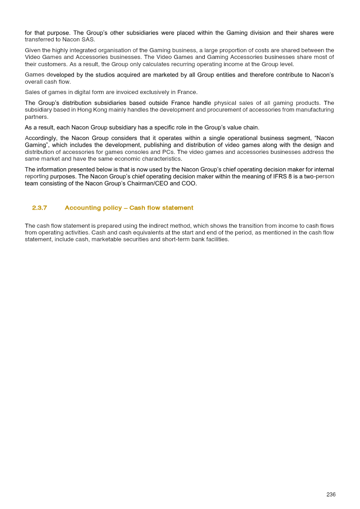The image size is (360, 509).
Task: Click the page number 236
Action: click(331, 495)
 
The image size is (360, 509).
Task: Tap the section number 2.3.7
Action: click(40, 208)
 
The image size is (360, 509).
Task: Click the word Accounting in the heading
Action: click(82, 208)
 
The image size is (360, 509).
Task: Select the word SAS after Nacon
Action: click(88, 40)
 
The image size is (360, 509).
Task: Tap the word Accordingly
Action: click(41, 138)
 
